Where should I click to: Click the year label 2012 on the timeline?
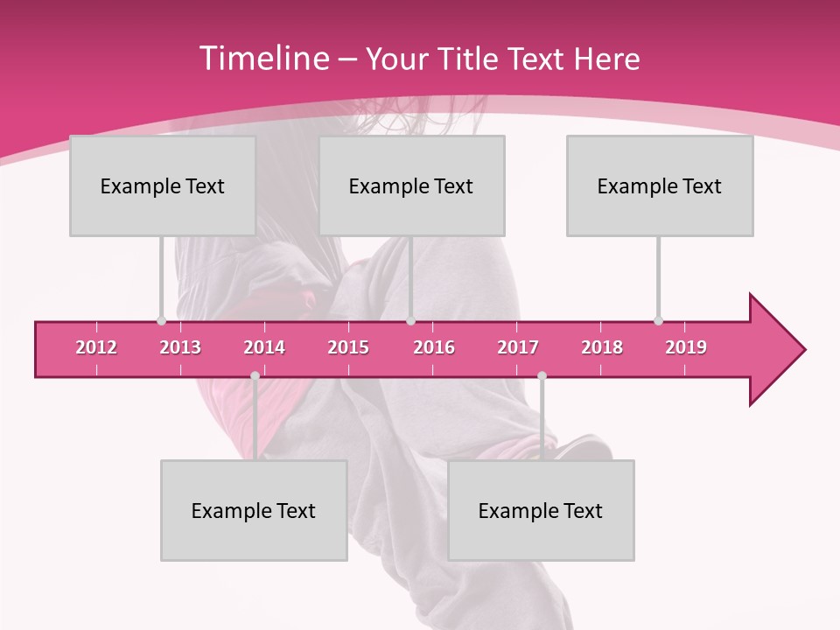click(x=96, y=347)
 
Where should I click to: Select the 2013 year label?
click(x=180, y=347)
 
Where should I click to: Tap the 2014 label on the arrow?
click(x=264, y=347)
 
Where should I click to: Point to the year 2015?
click(x=348, y=347)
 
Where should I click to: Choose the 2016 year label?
click(x=434, y=347)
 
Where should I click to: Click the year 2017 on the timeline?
click(x=518, y=347)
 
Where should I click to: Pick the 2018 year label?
click(x=602, y=347)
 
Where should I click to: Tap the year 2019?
click(x=686, y=347)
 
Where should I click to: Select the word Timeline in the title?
click(x=262, y=59)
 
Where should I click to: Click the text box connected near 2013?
click(x=163, y=185)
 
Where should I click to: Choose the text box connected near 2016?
click(x=411, y=185)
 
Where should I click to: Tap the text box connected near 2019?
click(x=660, y=185)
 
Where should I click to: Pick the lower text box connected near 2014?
click(x=254, y=510)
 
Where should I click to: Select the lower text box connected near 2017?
click(x=541, y=510)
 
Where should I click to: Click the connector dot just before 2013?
click(x=161, y=321)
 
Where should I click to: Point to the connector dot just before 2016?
click(x=411, y=321)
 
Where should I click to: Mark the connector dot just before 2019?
click(x=659, y=321)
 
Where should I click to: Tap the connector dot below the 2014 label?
click(x=255, y=376)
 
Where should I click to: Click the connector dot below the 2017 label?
click(x=542, y=376)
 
